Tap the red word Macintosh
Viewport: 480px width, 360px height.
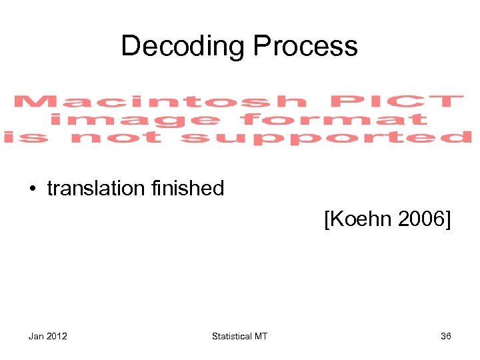tap(161, 102)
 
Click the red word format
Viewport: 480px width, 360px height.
tap(333, 120)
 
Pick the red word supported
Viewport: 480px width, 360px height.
tap(326, 138)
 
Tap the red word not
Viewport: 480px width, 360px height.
tap(116, 138)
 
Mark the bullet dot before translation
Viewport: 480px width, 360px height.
tap(33, 189)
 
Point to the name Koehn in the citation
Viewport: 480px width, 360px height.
tap(359, 219)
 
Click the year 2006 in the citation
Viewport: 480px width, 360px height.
tap(421, 219)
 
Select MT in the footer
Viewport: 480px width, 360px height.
tap(261, 336)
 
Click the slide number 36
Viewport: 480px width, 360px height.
tap(445, 336)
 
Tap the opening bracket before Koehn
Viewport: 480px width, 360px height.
tap(327, 219)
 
